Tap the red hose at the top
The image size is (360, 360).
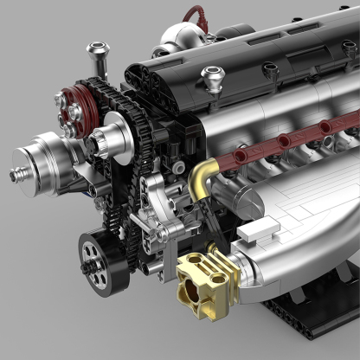pos(196,15)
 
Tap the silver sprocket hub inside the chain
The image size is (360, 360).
pos(112,138)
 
